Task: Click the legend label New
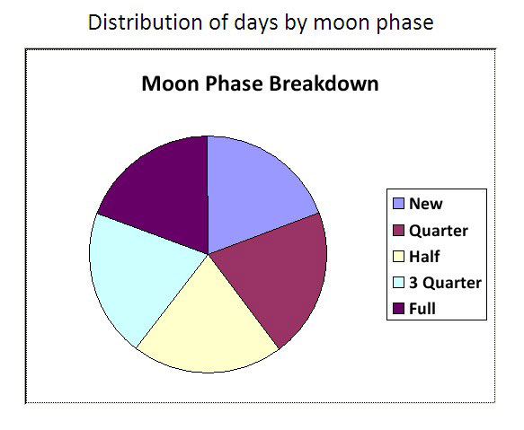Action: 426,204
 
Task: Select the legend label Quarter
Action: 439,231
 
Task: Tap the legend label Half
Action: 424,257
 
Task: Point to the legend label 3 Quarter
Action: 445,283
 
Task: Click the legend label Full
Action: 422,309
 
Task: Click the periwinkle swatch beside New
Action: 398,204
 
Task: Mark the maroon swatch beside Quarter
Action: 398,231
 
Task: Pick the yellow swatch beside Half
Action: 398,257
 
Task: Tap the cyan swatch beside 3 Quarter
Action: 398,283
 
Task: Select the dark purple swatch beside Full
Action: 398,309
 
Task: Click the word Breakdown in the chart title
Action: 324,83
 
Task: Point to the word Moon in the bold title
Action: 170,83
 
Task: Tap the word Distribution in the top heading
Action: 145,22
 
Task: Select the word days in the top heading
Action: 255,23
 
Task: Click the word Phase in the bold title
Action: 234,83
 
